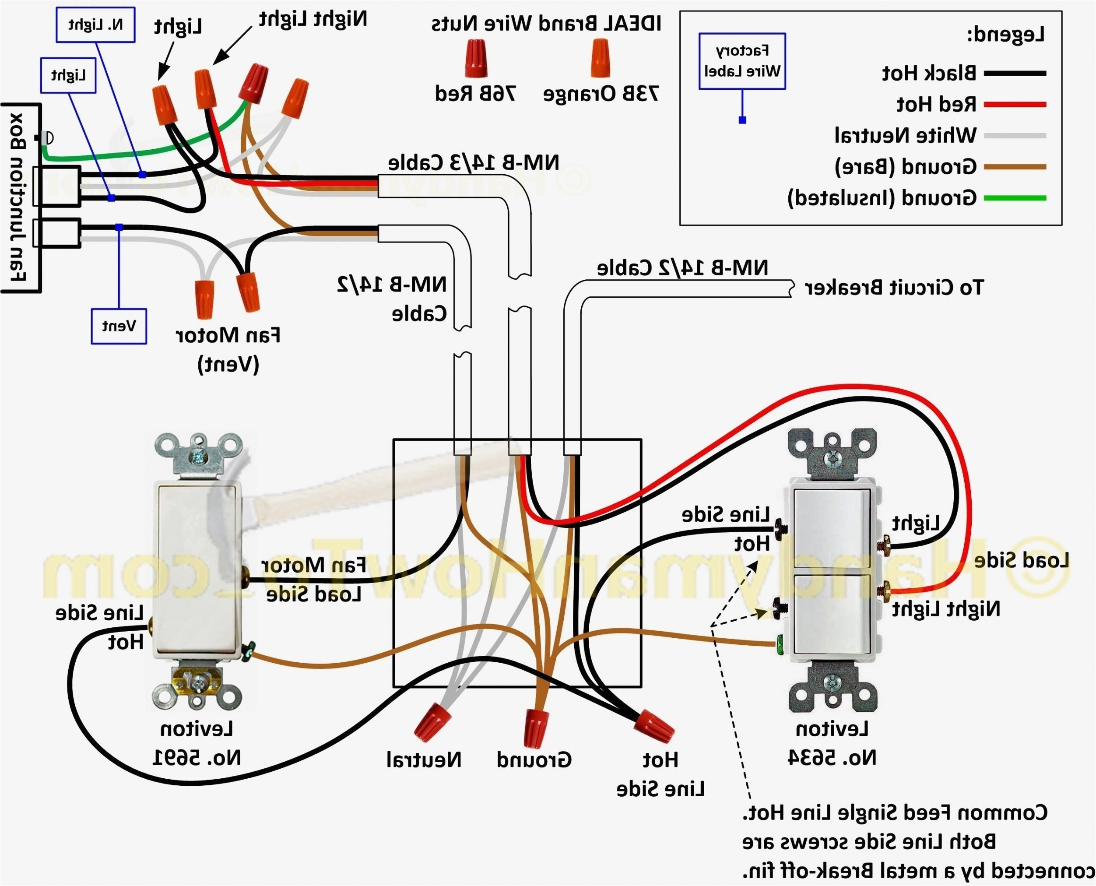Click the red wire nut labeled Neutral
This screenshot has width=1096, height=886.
(x=432, y=725)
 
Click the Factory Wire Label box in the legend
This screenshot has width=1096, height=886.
(x=741, y=61)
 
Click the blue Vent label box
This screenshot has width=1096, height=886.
(x=119, y=326)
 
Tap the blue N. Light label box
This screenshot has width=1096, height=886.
(x=95, y=25)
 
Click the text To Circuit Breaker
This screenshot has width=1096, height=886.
(x=893, y=288)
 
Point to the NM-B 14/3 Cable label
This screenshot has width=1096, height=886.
(x=474, y=163)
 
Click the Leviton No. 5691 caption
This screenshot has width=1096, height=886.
(x=197, y=742)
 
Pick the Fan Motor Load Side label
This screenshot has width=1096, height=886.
(x=313, y=579)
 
